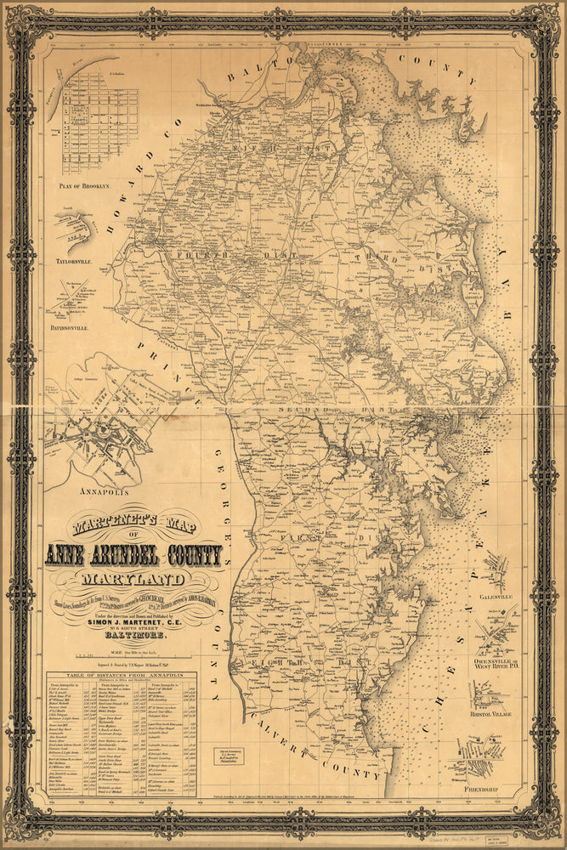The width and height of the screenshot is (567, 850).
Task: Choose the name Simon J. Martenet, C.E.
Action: coord(137,621)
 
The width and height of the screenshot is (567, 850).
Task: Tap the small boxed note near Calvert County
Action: coord(228,756)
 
